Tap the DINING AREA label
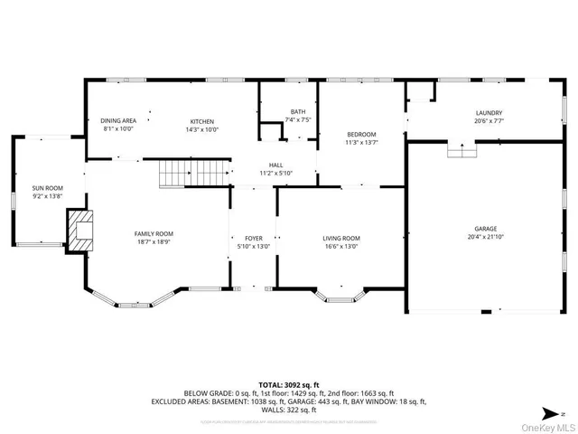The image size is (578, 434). (118, 120)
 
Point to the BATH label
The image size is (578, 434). (298, 111)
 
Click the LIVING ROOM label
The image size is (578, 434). (341, 238)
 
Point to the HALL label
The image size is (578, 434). (275, 165)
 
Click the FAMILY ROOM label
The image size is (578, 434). (154, 233)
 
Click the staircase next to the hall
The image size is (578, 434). (195, 172)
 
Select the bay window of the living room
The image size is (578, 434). (340, 296)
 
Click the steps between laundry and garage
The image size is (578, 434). (462, 151)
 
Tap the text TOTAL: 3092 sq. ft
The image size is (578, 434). (289, 385)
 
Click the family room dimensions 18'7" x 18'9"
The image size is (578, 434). (154, 243)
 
